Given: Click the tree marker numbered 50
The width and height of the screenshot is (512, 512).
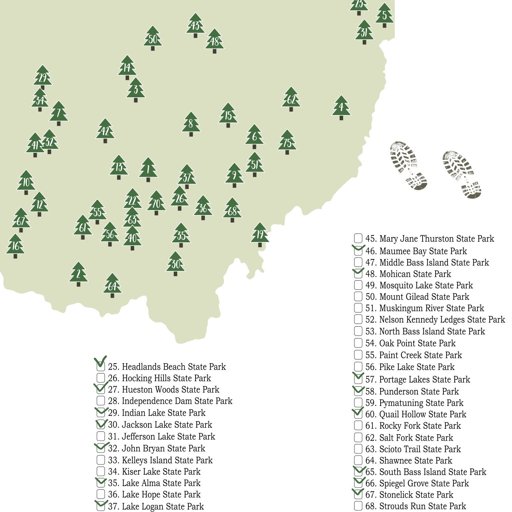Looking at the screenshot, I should pos(153,39).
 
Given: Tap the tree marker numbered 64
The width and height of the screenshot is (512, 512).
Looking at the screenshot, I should pos(112,286).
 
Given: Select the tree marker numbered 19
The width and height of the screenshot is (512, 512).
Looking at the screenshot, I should pos(260,234).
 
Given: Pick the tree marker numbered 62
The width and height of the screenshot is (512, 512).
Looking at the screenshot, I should pos(291,99).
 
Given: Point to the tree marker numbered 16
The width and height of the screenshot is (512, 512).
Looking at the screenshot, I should pos(15,246).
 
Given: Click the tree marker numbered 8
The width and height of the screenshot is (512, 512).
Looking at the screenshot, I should pos(191,124).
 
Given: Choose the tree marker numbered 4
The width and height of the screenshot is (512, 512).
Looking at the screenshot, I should pos(341,108).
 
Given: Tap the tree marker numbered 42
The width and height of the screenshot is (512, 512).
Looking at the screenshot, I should pos(105,131).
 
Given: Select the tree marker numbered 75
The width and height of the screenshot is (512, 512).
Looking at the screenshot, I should pos(287,142).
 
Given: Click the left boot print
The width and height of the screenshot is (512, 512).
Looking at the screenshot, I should pos(408,166).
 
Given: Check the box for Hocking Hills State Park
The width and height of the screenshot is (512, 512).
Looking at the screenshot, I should pos(101,378).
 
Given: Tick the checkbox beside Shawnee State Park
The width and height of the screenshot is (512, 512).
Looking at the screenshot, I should pos(358,460).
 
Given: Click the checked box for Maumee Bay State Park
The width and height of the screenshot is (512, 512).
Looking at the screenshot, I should pos(358,251).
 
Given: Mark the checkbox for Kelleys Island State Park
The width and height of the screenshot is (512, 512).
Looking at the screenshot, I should pos(101,460).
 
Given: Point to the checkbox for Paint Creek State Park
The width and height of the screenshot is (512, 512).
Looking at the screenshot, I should pos(358,355).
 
